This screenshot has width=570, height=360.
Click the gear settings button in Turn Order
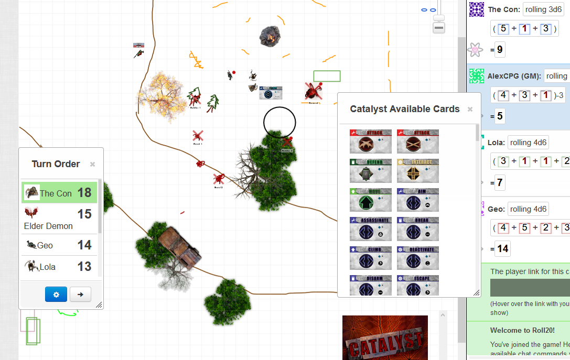(x=56, y=294)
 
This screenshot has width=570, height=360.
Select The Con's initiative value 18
(x=84, y=192)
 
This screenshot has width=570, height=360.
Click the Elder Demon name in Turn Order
(x=48, y=226)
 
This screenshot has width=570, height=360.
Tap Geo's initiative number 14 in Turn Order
(x=84, y=245)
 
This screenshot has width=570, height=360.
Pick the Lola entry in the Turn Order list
(x=47, y=267)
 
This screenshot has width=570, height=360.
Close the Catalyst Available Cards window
(x=470, y=109)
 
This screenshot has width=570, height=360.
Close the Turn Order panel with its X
(x=92, y=164)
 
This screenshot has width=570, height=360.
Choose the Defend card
(x=370, y=171)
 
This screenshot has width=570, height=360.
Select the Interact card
(x=418, y=171)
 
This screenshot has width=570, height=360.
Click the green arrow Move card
(x=370, y=200)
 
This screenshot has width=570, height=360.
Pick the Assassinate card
(x=370, y=230)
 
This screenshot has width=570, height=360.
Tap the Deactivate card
(x=418, y=258)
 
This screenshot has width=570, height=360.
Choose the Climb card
(x=370, y=258)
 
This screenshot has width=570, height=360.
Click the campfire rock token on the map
(x=270, y=36)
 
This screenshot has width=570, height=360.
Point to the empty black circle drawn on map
(x=279, y=122)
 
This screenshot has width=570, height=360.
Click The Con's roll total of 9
(x=500, y=50)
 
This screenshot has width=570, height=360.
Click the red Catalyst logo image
(x=385, y=337)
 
